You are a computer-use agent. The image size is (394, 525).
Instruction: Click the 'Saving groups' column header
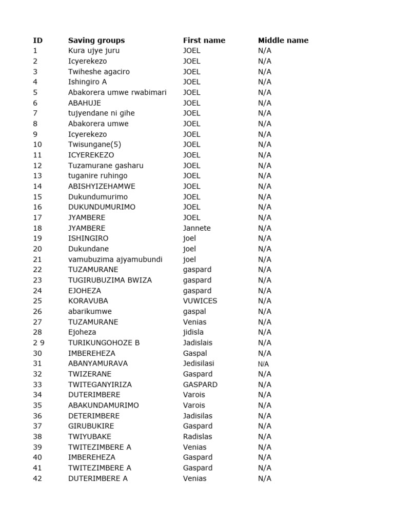point(96,41)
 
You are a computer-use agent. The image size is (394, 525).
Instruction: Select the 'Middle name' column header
point(283,41)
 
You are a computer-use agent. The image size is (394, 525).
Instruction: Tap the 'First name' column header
point(204,41)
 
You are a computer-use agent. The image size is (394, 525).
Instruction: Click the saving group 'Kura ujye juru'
point(94,51)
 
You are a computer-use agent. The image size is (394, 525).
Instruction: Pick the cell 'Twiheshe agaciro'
point(99,72)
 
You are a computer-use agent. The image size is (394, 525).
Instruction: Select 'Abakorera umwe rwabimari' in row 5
point(117,92)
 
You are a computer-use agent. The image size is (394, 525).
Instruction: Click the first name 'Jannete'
point(197,228)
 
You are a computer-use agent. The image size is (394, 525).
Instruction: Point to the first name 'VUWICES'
point(200,301)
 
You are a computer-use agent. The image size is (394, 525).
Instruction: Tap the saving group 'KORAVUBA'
point(88,301)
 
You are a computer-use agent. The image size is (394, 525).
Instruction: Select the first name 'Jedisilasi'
point(199,364)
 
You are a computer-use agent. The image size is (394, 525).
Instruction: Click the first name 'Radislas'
point(198,437)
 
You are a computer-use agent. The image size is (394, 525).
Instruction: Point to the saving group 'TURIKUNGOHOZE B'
point(104,342)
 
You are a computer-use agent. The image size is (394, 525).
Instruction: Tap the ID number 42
point(37,478)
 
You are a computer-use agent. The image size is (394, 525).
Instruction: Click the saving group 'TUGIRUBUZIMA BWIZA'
point(110,280)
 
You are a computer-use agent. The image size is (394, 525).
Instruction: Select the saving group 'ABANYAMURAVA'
point(98,364)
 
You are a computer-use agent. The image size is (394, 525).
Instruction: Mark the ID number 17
point(37,217)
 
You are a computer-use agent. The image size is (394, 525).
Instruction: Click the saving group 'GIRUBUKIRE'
point(91,426)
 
